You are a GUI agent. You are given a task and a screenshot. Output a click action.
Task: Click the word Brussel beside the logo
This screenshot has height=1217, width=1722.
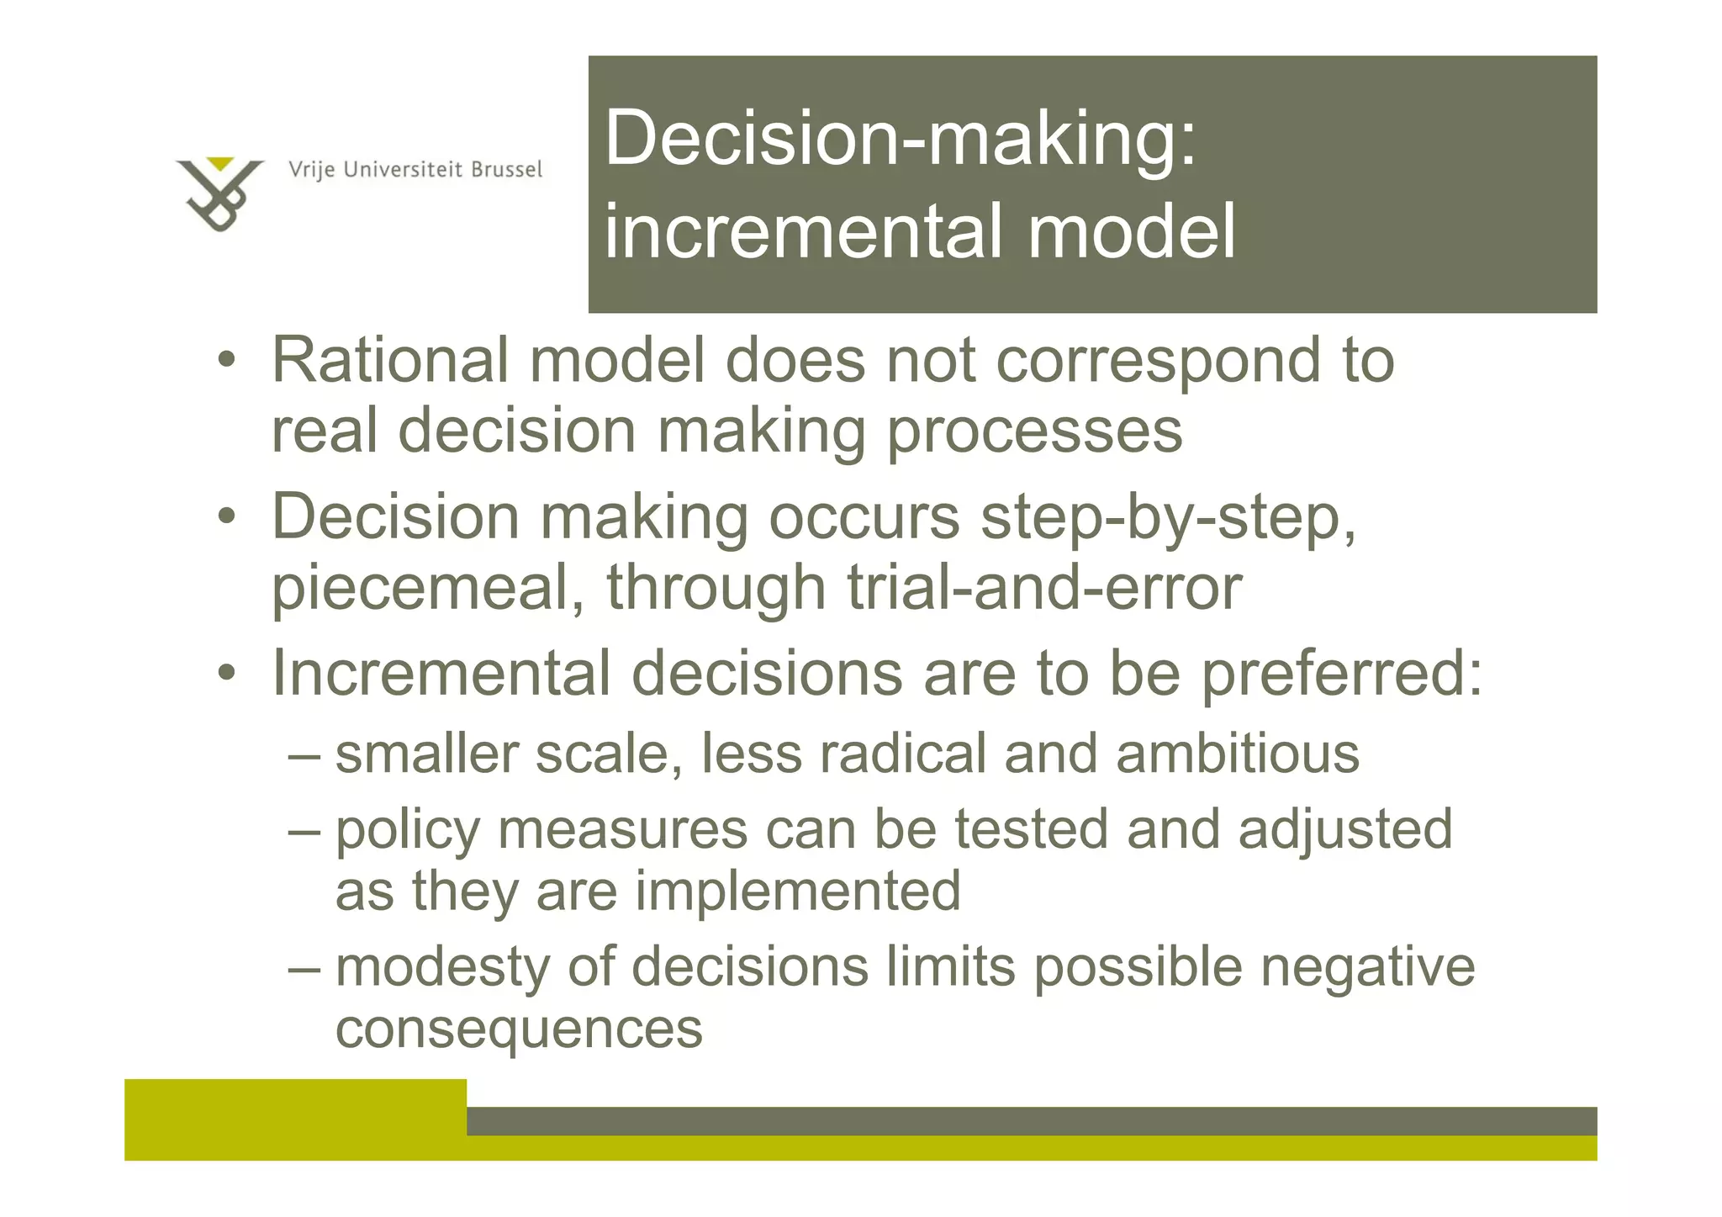click(x=506, y=170)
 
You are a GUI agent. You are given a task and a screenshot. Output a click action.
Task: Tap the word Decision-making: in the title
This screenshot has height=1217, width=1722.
click(x=900, y=139)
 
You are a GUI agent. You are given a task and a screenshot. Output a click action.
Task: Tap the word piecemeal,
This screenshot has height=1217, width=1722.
click(x=428, y=589)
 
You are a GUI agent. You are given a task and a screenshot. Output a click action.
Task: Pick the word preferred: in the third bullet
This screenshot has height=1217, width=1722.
click(x=1341, y=675)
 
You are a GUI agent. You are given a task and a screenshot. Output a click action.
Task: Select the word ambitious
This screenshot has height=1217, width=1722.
click(x=1237, y=754)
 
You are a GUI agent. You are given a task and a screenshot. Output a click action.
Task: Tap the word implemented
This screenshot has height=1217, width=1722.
click(x=797, y=892)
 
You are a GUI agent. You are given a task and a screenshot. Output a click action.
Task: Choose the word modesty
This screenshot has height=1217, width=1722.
click(x=442, y=968)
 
